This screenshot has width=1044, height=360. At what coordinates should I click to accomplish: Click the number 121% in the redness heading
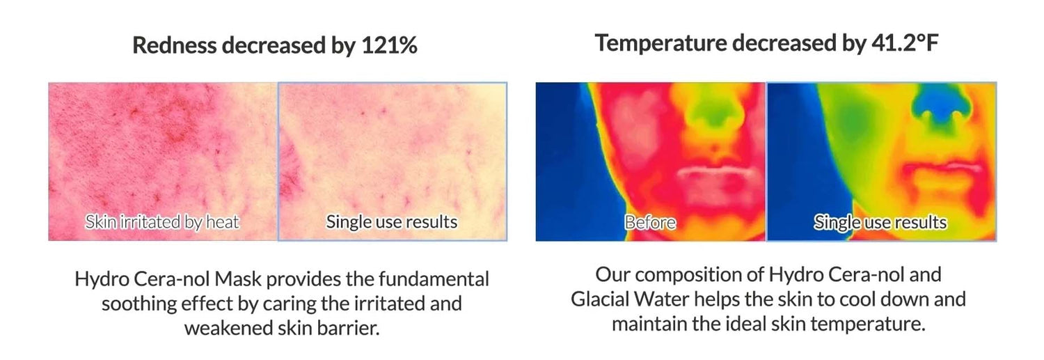389,45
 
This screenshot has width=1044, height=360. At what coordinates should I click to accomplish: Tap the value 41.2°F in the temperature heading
905,43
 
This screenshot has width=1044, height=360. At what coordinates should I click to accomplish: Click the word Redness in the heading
175,45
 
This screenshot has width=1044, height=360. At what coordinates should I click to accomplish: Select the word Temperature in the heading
661,43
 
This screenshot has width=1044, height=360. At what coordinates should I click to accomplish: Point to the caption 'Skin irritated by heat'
161,222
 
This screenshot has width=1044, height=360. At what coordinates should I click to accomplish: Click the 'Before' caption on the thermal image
650,222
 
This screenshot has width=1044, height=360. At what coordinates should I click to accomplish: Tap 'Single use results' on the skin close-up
391,222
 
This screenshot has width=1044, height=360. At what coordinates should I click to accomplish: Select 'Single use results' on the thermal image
880,222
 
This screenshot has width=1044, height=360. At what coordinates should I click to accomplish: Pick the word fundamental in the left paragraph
434,279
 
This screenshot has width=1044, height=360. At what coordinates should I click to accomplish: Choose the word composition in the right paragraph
688,275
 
